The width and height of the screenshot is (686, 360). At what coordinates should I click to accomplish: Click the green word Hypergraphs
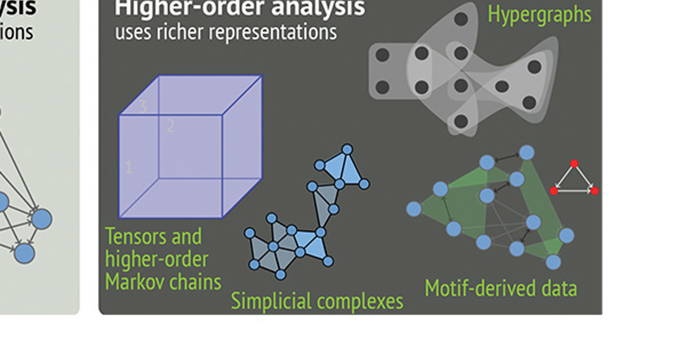point(539,14)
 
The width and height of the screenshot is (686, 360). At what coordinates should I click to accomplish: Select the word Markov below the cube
point(135,282)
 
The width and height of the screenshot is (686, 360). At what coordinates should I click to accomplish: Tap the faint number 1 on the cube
point(129,167)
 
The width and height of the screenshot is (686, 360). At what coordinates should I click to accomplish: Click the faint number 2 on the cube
point(170,126)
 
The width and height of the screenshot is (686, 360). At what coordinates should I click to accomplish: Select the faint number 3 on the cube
point(142,106)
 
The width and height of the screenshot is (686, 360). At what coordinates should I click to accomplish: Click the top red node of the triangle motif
point(574,163)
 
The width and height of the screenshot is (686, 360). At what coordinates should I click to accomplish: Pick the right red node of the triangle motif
point(595,190)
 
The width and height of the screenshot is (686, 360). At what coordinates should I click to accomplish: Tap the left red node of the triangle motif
point(553,190)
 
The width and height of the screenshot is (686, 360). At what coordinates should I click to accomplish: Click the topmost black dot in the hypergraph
point(461,19)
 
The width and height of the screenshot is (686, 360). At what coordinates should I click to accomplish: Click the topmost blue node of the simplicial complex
point(346,149)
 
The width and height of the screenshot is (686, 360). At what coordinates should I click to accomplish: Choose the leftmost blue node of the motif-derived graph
point(414,209)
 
